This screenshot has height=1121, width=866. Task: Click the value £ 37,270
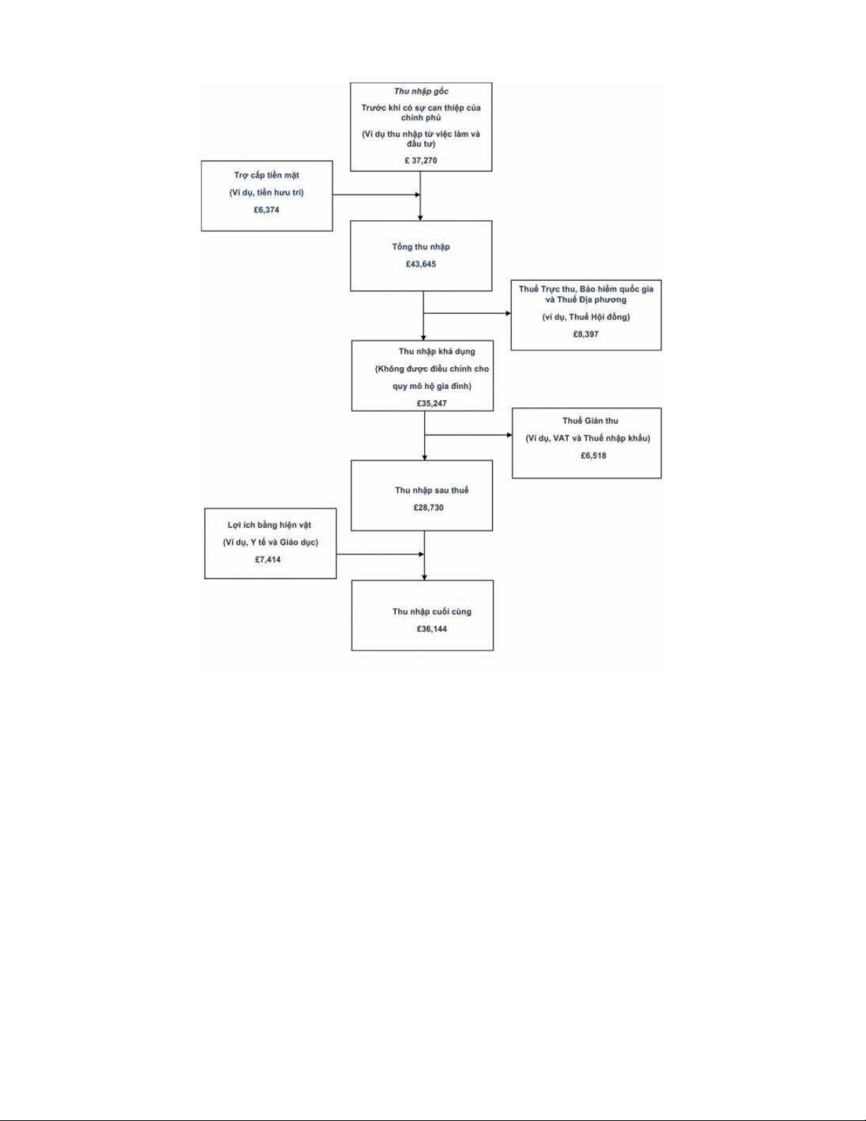(421, 161)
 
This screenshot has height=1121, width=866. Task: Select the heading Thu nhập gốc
(421, 91)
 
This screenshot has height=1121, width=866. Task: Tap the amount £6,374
(267, 210)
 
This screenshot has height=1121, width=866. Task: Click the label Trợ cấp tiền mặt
(267, 175)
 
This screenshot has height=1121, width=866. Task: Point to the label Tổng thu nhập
(421, 247)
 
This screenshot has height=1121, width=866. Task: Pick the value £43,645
(421, 264)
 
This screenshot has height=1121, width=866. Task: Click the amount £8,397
(586, 335)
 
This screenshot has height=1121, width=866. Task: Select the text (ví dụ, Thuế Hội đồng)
(586, 317)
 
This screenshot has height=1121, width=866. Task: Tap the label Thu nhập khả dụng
(437, 352)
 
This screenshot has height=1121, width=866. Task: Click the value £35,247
(432, 403)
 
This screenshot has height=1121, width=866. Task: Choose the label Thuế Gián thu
(590, 421)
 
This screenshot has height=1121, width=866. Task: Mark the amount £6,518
(593, 456)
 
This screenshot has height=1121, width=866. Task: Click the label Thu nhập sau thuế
(432, 490)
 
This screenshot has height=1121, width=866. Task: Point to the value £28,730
(428, 508)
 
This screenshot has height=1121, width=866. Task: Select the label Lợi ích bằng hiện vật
(269, 525)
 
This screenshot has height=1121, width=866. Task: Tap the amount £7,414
(268, 559)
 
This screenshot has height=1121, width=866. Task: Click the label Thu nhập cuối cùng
(432, 611)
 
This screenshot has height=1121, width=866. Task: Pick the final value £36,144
(432, 629)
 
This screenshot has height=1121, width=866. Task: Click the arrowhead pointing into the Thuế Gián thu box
(509, 435)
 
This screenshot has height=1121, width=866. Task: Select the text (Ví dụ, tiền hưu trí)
(267, 193)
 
